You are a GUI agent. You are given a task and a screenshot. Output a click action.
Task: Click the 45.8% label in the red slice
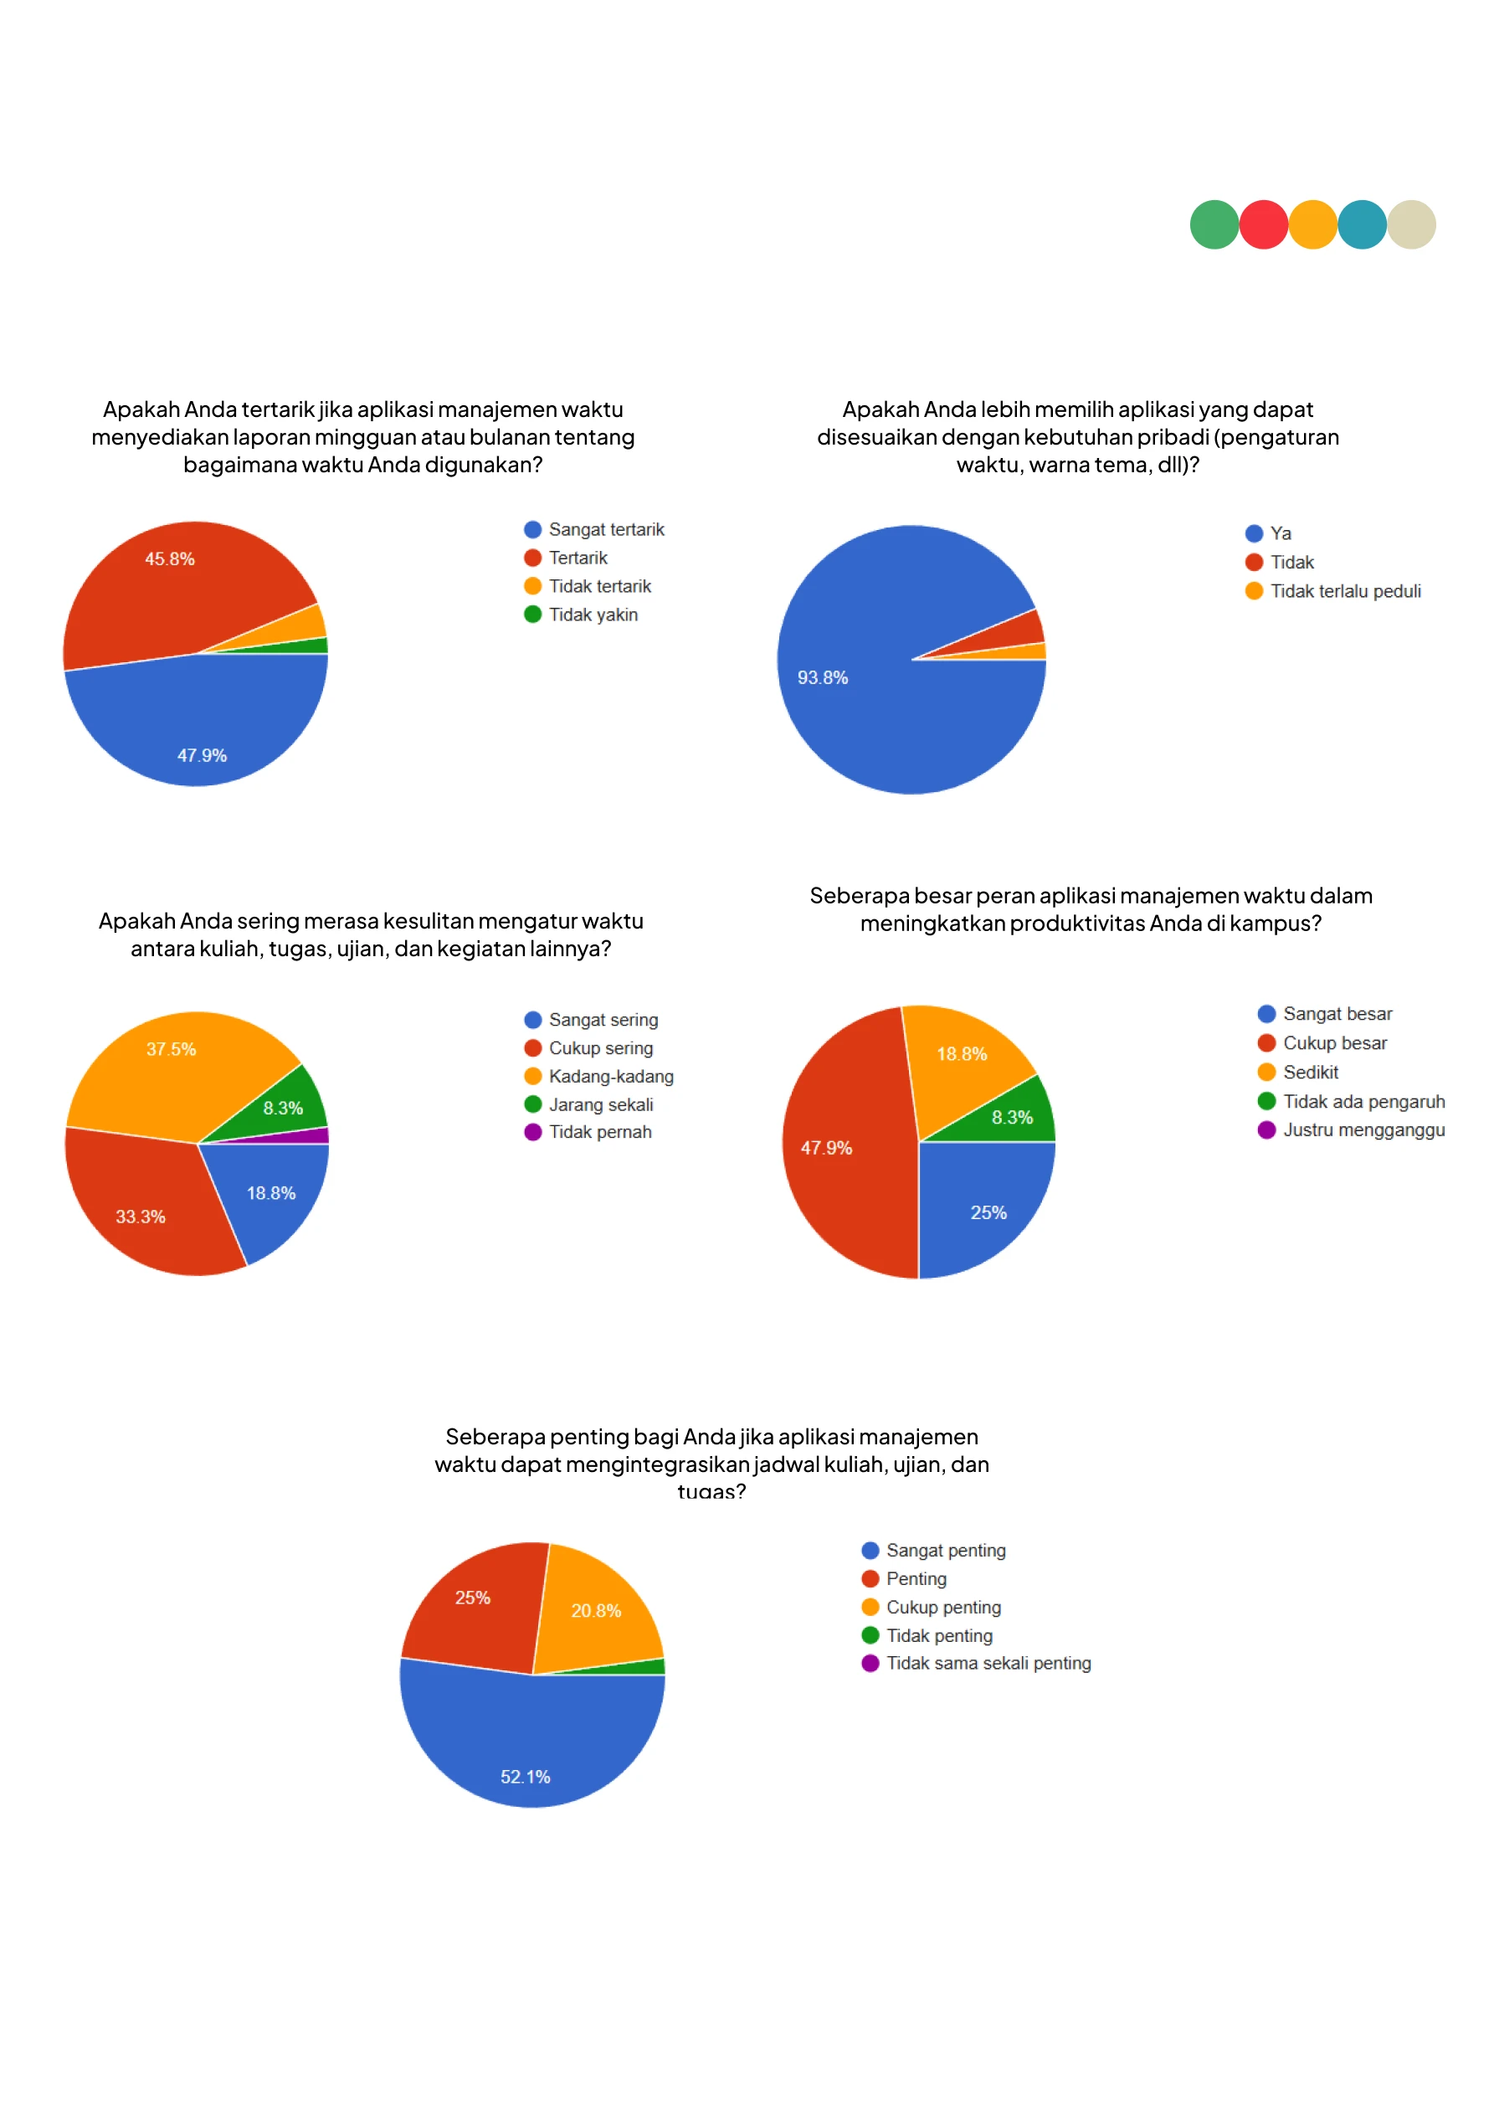(169, 559)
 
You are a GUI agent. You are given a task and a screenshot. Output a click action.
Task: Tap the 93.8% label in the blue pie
(822, 678)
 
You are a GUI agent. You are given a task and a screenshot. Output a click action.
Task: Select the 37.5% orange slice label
(171, 1049)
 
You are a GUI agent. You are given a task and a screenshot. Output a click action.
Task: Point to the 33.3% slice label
(140, 1217)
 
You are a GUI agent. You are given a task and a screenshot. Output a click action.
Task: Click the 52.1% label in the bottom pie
(525, 1777)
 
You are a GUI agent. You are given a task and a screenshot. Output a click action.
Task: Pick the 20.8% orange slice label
(596, 1611)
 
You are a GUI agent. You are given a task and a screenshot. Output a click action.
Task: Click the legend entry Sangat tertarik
(605, 530)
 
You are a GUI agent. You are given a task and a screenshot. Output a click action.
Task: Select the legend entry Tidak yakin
(593, 615)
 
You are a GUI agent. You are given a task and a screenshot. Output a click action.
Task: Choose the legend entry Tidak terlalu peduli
(1345, 591)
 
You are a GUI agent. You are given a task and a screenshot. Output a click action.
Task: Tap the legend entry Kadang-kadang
(610, 1077)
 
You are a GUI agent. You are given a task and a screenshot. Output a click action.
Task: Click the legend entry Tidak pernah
(599, 1132)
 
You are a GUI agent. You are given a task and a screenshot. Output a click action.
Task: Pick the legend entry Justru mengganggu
(1363, 1130)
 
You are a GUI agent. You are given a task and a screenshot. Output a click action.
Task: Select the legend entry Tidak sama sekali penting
(988, 1664)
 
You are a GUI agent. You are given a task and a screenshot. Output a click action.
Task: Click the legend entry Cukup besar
(1334, 1043)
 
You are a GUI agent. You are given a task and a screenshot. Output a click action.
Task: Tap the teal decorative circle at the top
(1362, 224)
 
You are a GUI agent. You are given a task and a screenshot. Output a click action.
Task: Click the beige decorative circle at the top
(1411, 224)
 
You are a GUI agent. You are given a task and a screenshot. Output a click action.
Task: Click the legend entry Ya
(1280, 533)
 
